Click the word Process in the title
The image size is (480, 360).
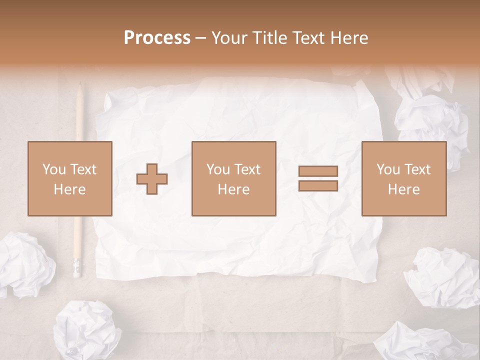coord(157,38)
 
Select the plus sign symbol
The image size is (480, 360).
coord(152,178)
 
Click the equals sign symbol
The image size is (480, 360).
coord(318,178)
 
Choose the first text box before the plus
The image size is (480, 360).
coord(70,178)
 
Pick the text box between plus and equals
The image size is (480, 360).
coord(234,178)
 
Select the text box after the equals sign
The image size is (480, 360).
coord(404,178)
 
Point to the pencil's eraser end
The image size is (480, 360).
coord(76,267)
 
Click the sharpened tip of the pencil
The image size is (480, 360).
coord(80,86)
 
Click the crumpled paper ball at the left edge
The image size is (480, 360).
coord(25,265)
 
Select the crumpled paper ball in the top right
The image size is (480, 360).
coord(430,117)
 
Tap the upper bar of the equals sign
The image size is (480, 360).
coord(318,171)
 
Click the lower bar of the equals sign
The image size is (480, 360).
coord(318,185)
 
